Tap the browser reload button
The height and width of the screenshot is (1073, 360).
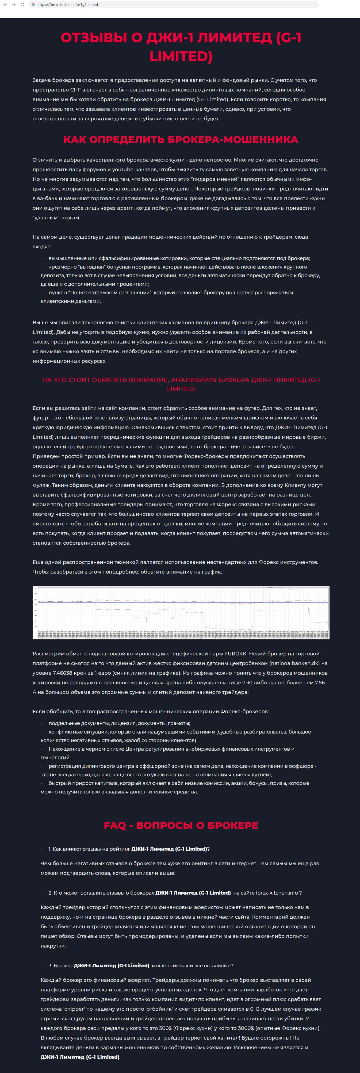(x=22, y=5)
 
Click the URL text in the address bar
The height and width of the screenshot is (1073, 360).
(x=67, y=5)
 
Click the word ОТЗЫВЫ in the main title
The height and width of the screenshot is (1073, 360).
(x=93, y=37)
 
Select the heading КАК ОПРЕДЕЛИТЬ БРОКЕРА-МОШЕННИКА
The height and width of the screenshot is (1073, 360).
(x=181, y=140)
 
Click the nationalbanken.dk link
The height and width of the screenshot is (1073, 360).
(x=294, y=663)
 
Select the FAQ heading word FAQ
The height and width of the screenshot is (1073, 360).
(x=114, y=825)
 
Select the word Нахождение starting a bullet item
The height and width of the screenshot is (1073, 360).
(x=63, y=749)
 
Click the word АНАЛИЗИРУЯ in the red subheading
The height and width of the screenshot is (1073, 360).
(x=193, y=380)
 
